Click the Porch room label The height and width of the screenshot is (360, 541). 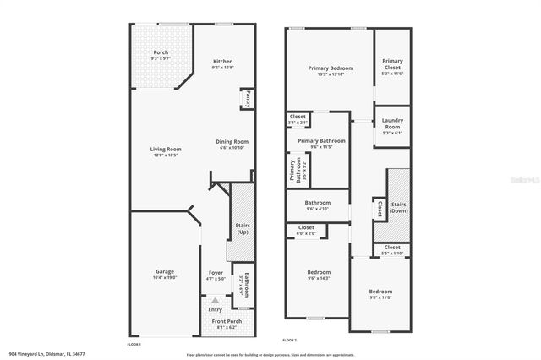[x=161, y=52]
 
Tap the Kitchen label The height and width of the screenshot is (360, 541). [x=222, y=61]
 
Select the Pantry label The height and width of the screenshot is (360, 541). [x=248, y=100]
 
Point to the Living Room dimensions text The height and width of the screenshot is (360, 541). [x=166, y=155]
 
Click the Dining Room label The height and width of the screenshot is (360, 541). [x=232, y=141]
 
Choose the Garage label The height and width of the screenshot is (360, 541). [x=164, y=271]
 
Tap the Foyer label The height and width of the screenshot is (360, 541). [x=216, y=272]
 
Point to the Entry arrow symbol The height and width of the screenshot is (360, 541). [x=216, y=299]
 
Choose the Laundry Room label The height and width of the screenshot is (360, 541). [x=392, y=124]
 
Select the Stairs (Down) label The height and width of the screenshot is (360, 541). [x=399, y=206]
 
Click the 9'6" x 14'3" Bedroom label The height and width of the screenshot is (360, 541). [x=318, y=271]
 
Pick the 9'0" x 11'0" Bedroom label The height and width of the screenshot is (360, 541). [x=380, y=291]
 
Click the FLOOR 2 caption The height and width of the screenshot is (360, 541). [x=289, y=340]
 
